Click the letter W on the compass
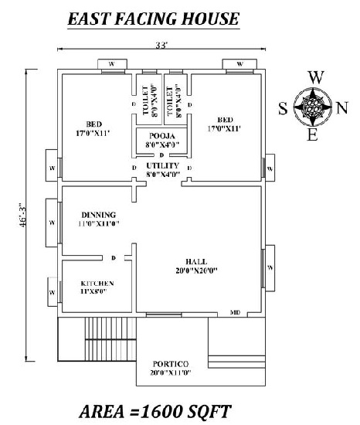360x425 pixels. pyautogui.click(x=314, y=78)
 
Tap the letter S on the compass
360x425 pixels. pyautogui.click(x=283, y=108)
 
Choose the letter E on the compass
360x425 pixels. pyautogui.click(x=312, y=136)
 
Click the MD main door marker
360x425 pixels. pyautogui.click(x=235, y=313)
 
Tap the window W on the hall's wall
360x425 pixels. pyautogui.click(x=270, y=267)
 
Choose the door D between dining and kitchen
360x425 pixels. pyautogui.click(x=113, y=258)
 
